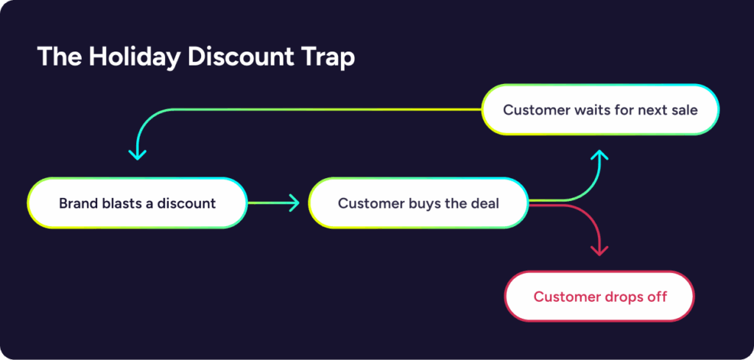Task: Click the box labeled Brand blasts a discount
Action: coord(137,203)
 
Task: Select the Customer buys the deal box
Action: coord(418,203)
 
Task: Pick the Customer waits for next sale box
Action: coord(600,110)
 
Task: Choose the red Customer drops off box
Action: coord(600,296)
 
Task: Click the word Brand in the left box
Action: coord(74,203)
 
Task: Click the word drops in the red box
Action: coord(616,297)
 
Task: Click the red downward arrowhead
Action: coord(599,251)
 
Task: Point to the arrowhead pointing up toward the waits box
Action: coord(599,155)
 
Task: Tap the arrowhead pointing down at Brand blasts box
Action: coord(137,155)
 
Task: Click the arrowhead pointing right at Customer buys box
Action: coord(294,203)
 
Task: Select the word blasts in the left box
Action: coord(111,203)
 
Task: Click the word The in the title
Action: coord(59,57)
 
